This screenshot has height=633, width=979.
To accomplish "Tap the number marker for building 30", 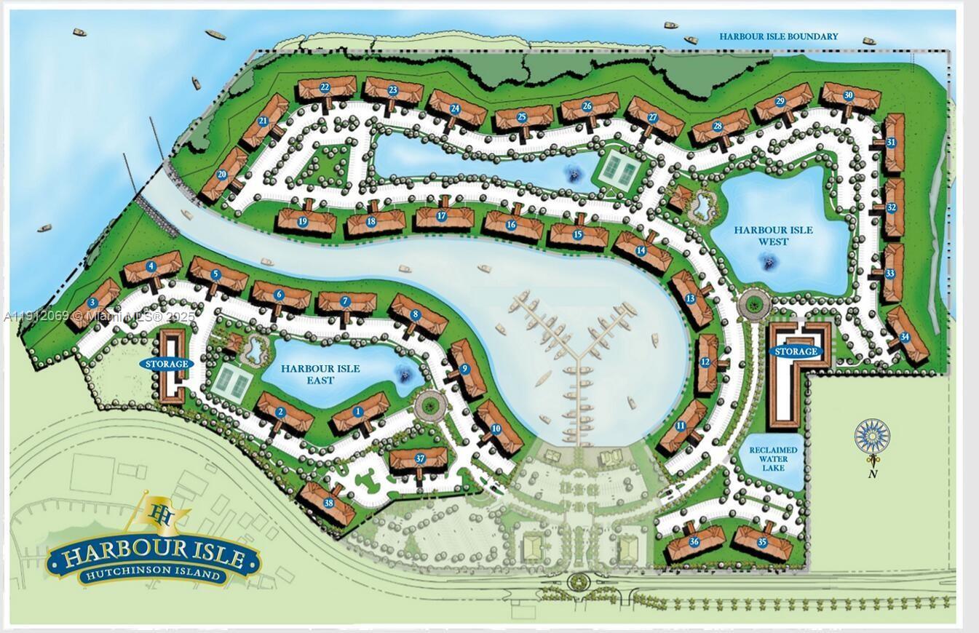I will tap(849, 95).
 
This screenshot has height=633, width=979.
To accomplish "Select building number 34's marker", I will tap(905, 337).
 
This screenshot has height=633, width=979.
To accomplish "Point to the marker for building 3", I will tap(92, 303).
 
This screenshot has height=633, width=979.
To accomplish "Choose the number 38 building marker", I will tap(328, 502).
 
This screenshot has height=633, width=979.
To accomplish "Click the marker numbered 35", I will tap(762, 542).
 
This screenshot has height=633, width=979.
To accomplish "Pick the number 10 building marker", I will tap(496, 429).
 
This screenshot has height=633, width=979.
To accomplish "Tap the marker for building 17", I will tap(441, 215).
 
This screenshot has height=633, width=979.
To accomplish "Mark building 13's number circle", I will tap(689, 298).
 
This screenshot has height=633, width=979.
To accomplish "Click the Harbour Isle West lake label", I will tap(773, 236).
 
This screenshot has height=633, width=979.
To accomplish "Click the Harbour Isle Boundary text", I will tap(778, 36).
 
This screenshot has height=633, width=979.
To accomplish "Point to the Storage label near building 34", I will tap(796, 351).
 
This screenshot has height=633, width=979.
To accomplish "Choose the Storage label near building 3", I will tap(167, 363).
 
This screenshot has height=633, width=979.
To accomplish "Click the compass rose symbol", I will tap(871, 436).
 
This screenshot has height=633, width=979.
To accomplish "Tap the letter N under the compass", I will tap(872, 474).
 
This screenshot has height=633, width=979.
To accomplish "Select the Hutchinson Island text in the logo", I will tap(153, 575).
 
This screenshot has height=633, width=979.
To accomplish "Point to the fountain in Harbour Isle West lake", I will tap(769, 259).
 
